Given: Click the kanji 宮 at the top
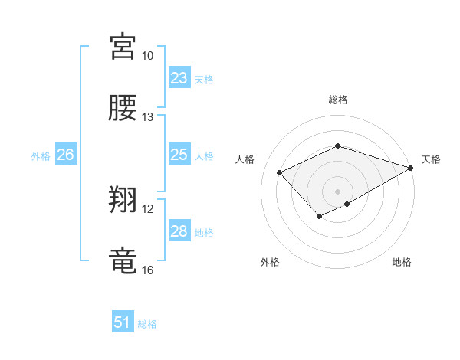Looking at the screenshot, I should click(x=123, y=47).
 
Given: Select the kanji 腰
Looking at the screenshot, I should click(x=123, y=108).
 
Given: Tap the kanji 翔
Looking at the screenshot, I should click(x=123, y=201).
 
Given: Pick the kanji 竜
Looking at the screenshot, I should click(x=123, y=261).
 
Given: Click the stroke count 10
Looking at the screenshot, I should click(x=147, y=56).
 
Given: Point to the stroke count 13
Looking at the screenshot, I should click(x=147, y=117).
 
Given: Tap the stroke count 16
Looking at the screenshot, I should click(x=147, y=270).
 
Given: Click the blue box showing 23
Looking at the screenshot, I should click(x=179, y=78).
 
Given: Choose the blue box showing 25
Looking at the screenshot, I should click(x=179, y=155).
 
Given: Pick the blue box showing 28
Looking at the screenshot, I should click(x=179, y=231).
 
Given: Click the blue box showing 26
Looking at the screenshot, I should click(x=65, y=155).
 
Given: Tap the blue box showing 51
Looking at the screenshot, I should click(x=123, y=322).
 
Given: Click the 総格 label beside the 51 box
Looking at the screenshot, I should click(x=147, y=324).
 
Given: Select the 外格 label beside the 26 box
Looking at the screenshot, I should click(x=41, y=156).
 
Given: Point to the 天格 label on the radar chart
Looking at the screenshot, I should click(x=431, y=159).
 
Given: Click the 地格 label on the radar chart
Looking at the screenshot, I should click(x=402, y=263).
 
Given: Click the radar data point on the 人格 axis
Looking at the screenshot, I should click(x=280, y=172).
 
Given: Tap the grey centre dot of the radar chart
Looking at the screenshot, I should click(x=337, y=191).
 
